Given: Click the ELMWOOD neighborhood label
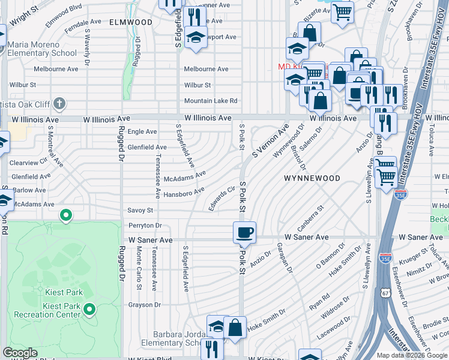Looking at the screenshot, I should tap(131, 22).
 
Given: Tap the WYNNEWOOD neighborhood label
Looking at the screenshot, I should tap(312, 178).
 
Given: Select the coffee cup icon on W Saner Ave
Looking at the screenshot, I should tap(244, 233).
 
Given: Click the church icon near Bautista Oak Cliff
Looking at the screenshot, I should tap(59, 104).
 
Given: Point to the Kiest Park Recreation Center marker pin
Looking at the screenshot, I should tap(89, 310).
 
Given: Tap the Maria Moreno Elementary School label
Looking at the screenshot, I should tap(43, 49).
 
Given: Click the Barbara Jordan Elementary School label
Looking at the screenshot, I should tap(170, 338).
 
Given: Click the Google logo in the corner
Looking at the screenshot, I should tap(20, 353).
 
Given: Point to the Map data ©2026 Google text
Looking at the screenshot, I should tap(412, 355).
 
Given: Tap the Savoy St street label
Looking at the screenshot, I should tap(140, 211).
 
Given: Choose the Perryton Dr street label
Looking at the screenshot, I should tap(145, 226).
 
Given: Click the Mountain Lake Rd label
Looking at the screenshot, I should tap(211, 101).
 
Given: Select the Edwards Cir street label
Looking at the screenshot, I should tap(221, 199).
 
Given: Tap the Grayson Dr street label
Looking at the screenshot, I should tap(144, 305).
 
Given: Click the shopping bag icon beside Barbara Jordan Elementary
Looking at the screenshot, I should tap(235, 328).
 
